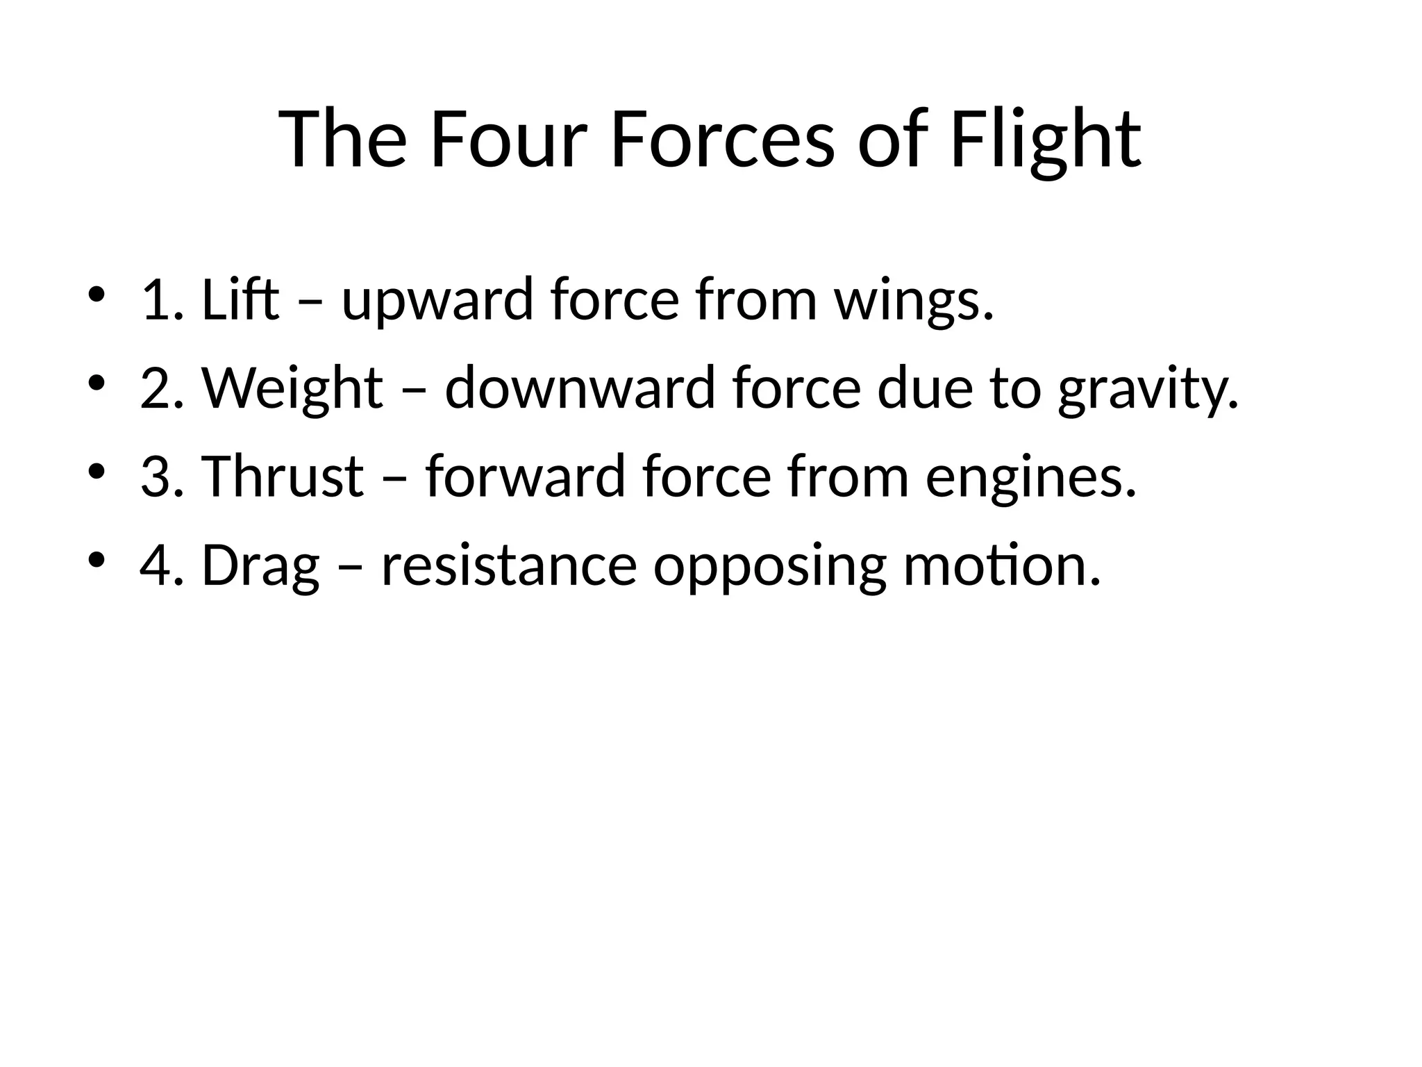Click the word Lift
pyautogui.click(x=240, y=300)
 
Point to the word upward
pyautogui.click(x=437, y=300)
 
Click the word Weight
pyautogui.click(x=292, y=389)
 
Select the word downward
pyautogui.click(x=580, y=389)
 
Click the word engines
pyautogui.click(x=1031, y=477)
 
